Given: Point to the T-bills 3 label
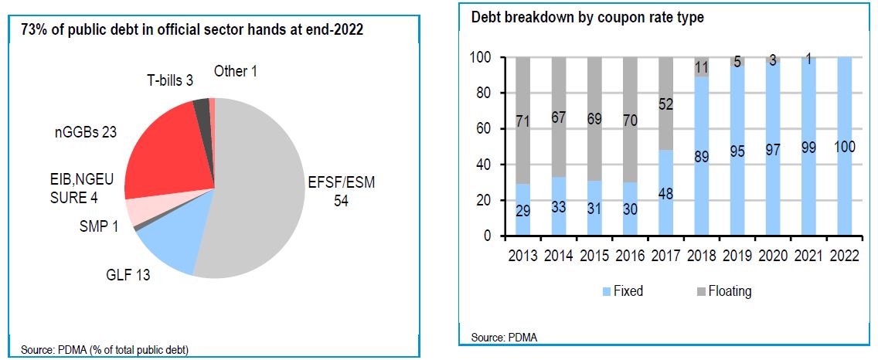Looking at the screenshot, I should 170,80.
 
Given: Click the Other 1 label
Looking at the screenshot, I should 236,72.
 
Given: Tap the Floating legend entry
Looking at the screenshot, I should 719,291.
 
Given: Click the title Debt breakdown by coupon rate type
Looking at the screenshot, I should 587,18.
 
